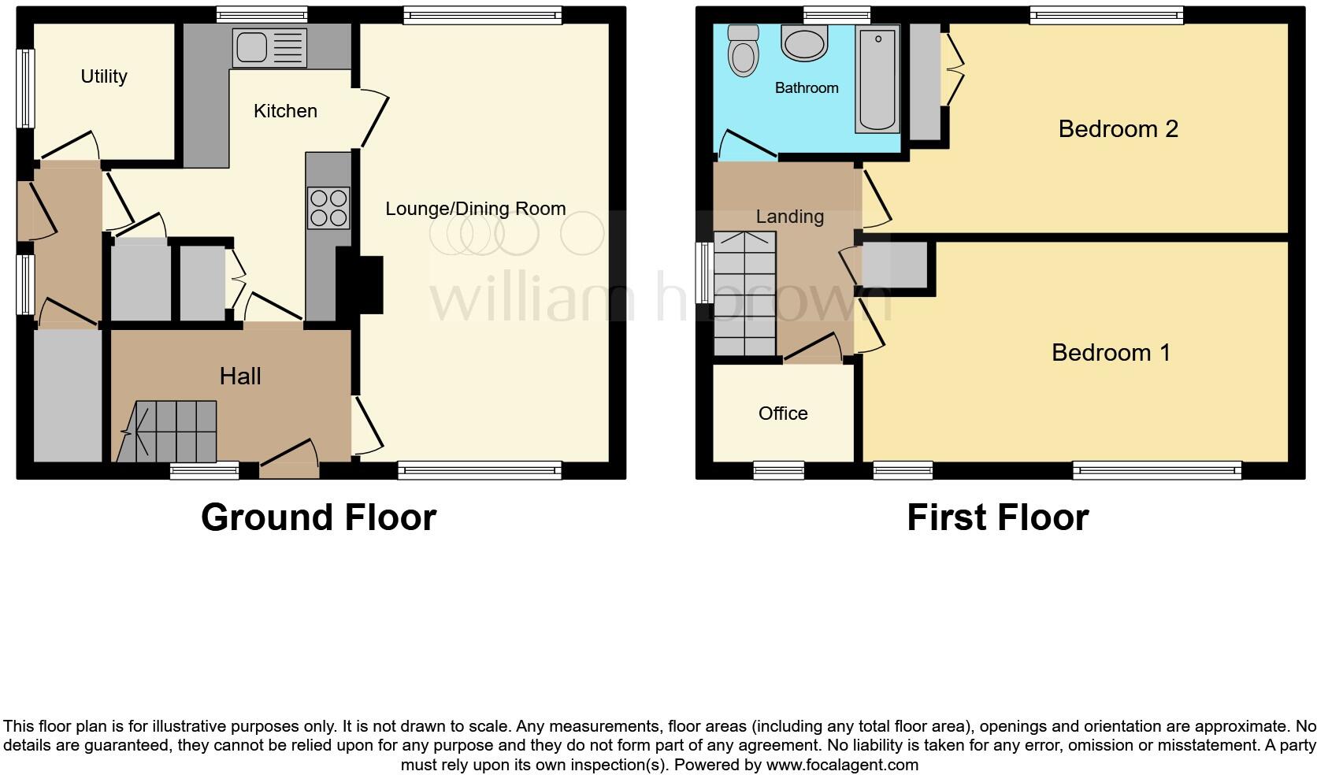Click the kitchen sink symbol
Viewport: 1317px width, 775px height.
[x=269, y=47]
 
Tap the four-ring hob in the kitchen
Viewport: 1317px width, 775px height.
[x=328, y=207]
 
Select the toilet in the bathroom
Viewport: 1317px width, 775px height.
[x=743, y=51]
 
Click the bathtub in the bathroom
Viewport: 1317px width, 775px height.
[x=877, y=79]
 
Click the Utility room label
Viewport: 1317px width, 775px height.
[x=104, y=76]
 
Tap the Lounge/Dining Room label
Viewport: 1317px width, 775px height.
[x=475, y=209]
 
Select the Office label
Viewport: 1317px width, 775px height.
[x=783, y=413]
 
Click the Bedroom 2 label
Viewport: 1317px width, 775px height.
[x=1118, y=129]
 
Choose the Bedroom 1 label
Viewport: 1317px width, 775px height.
[x=1111, y=353]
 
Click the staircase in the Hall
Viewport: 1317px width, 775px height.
[x=169, y=432]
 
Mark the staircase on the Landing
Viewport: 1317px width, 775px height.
[x=744, y=294]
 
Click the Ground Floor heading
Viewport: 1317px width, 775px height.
[x=318, y=517]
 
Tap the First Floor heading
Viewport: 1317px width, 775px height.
[x=997, y=517]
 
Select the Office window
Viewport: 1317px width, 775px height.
[x=778, y=471]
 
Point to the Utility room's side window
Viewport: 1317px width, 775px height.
[x=26, y=88]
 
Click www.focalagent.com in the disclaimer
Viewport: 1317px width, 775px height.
[x=842, y=765]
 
